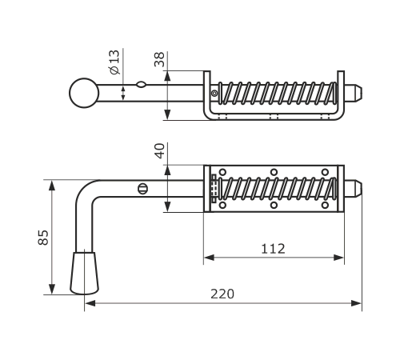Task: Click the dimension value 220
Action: pyautogui.click(x=222, y=294)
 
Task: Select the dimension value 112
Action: pyautogui.click(x=273, y=249)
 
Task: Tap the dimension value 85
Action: pyautogui.click(x=43, y=237)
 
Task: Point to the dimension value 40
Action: pyautogui.click(x=159, y=150)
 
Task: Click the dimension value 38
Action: pyautogui.click(x=159, y=59)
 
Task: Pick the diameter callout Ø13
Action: pyautogui.click(x=114, y=62)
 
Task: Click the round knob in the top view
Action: pyautogui.click(x=84, y=93)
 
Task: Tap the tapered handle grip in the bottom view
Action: pyautogui.click(x=84, y=273)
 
